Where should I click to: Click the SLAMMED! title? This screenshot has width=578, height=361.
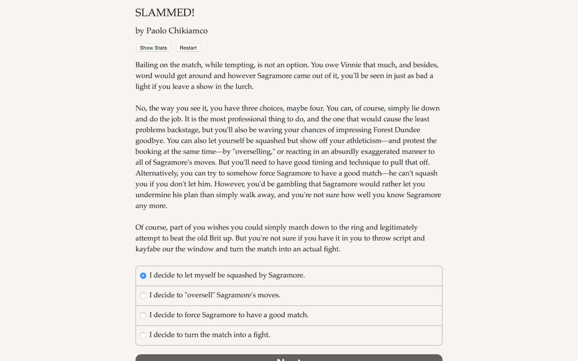[165, 13]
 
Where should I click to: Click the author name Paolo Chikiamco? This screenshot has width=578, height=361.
[177, 31]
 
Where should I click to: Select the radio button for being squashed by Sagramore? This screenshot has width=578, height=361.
[143, 276]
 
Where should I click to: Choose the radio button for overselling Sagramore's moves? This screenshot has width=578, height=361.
[143, 295]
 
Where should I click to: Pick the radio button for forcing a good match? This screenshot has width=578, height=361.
[143, 315]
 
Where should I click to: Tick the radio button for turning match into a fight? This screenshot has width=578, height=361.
[143, 335]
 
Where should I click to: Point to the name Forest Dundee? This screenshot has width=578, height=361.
[396, 130]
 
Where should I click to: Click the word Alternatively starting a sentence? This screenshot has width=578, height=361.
[156, 173]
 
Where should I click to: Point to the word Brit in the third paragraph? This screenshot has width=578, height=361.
[215, 238]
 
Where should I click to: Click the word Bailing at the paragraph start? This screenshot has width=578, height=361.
[146, 65]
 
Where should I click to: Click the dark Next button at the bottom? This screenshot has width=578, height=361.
[289, 358]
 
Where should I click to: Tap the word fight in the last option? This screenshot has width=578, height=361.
[261, 335]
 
